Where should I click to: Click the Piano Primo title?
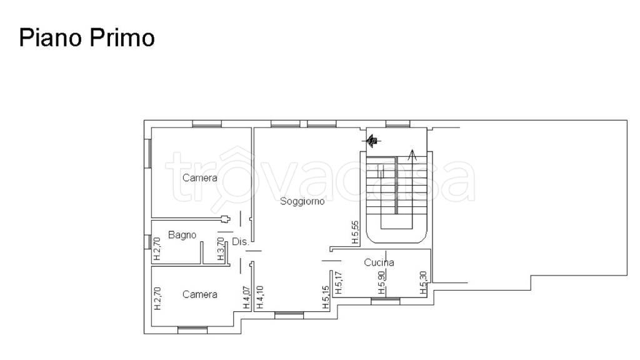[x=87, y=38]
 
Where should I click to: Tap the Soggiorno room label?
[x=302, y=201]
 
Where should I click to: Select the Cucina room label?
[x=379, y=262]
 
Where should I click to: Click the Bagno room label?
[x=182, y=235]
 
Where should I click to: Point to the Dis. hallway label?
[x=241, y=242]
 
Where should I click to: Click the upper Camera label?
[x=199, y=177]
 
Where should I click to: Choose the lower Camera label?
[x=199, y=294]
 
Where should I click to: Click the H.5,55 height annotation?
[x=356, y=232]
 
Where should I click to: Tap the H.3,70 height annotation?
[x=221, y=249]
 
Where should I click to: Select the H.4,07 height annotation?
[x=246, y=297]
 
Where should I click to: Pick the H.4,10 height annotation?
[x=260, y=297]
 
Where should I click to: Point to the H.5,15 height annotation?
[x=326, y=297]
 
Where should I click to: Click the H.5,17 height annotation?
[x=338, y=283]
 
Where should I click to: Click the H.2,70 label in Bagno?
[x=157, y=249]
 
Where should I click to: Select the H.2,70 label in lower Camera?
[x=157, y=298]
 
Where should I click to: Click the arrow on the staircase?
[x=412, y=156]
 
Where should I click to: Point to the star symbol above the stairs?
[x=371, y=141]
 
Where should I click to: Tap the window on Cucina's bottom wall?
[x=385, y=301]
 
